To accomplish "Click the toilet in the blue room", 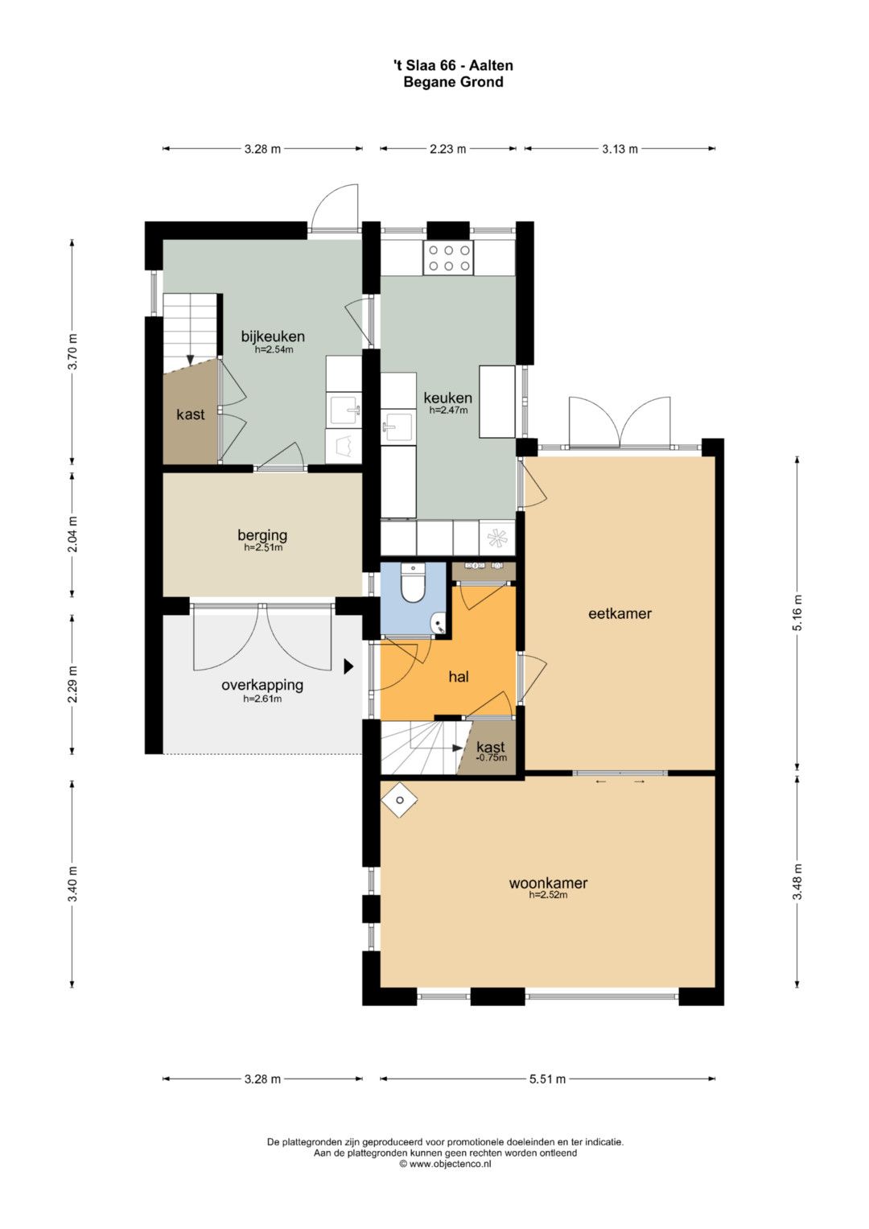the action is pyautogui.click(x=414, y=583).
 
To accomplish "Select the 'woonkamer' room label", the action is pyautogui.click(x=548, y=883).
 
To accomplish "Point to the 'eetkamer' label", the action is pyautogui.click(x=620, y=613).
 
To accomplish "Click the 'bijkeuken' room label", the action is pyautogui.click(x=273, y=336).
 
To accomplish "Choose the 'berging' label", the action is pyautogui.click(x=262, y=534).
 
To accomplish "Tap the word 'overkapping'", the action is pyautogui.click(x=262, y=685).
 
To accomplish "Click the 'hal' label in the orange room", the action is pyautogui.click(x=459, y=677).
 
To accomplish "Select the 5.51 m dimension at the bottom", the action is pyautogui.click(x=547, y=1079).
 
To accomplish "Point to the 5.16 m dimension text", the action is pyautogui.click(x=797, y=612).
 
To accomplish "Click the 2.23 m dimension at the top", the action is pyautogui.click(x=447, y=149).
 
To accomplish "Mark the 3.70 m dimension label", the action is pyautogui.click(x=72, y=352).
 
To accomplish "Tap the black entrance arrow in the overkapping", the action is pyautogui.click(x=348, y=666).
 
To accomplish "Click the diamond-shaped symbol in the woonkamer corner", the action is pyautogui.click(x=400, y=801).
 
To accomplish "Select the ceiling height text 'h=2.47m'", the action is pyautogui.click(x=448, y=410).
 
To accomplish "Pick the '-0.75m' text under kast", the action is pyautogui.click(x=491, y=757).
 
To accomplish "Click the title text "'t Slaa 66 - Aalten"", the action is pyautogui.click(x=453, y=65).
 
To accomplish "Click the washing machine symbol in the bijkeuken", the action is pyautogui.click(x=344, y=446).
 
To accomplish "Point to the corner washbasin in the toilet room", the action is pyautogui.click(x=439, y=624).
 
